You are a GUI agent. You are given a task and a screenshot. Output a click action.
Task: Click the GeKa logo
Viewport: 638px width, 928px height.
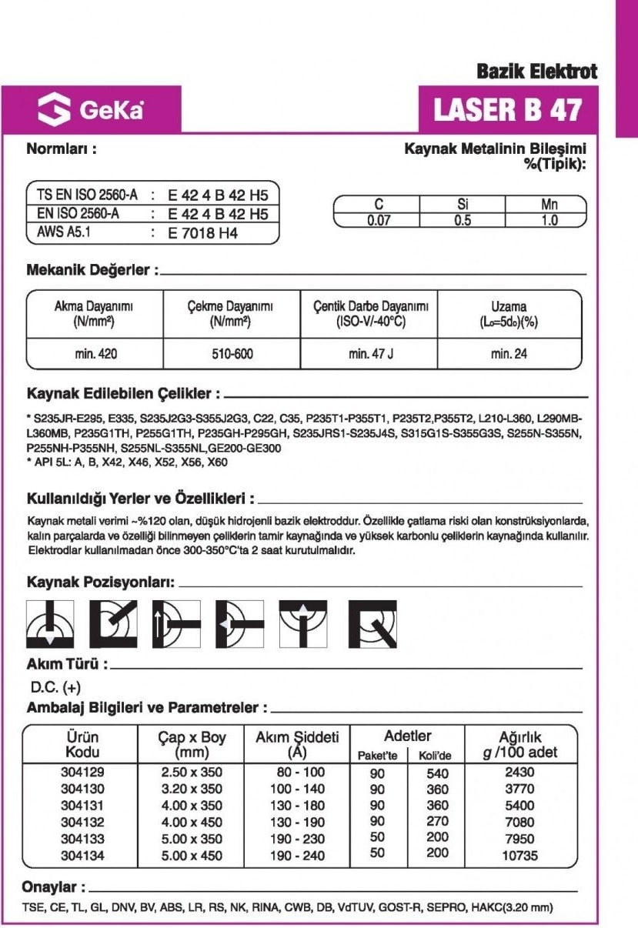pyautogui.click(x=92, y=111)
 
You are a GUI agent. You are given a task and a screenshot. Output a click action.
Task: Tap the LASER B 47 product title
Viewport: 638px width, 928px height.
pyautogui.click(x=507, y=110)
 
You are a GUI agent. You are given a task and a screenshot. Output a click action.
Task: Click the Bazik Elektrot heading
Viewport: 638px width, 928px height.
pyautogui.click(x=536, y=72)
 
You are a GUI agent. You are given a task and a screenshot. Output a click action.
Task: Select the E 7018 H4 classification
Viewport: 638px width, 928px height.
pyautogui.click(x=202, y=233)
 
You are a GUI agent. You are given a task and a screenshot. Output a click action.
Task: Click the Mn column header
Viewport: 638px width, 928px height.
pyautogui.click(x=549, y=205)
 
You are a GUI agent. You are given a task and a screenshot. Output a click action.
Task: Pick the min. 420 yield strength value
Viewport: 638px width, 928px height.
pyautogui.click(x=96, y=354)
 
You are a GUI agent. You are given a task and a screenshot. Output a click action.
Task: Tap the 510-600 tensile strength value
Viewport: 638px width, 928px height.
pyautogui.click(x=232, y=354)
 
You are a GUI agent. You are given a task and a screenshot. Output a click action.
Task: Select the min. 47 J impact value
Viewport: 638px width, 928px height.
pyautogui.click(x=370, y=354)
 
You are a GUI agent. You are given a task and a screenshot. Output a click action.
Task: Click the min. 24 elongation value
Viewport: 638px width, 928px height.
pyautogui.click(x=509, y=354)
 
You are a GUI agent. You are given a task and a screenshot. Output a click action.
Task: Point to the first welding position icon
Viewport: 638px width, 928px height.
pyautogui.click(x=51, y=623)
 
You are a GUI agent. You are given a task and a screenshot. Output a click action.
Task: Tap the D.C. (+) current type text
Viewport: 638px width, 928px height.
pyautogui.click(x=55, y=687)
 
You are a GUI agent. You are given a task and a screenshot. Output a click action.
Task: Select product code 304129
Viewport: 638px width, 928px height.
pyautogui.click(x=82, y=772)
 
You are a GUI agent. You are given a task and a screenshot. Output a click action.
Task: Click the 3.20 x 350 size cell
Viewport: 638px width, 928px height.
pyautogui.click(x=192, y=789)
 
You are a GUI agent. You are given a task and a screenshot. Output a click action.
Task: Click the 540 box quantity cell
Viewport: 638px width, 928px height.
pyautogui.click(x=437, y=773)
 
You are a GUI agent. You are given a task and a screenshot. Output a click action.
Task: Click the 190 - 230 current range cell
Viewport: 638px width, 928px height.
pyautogui.click(x=297, y=839)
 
